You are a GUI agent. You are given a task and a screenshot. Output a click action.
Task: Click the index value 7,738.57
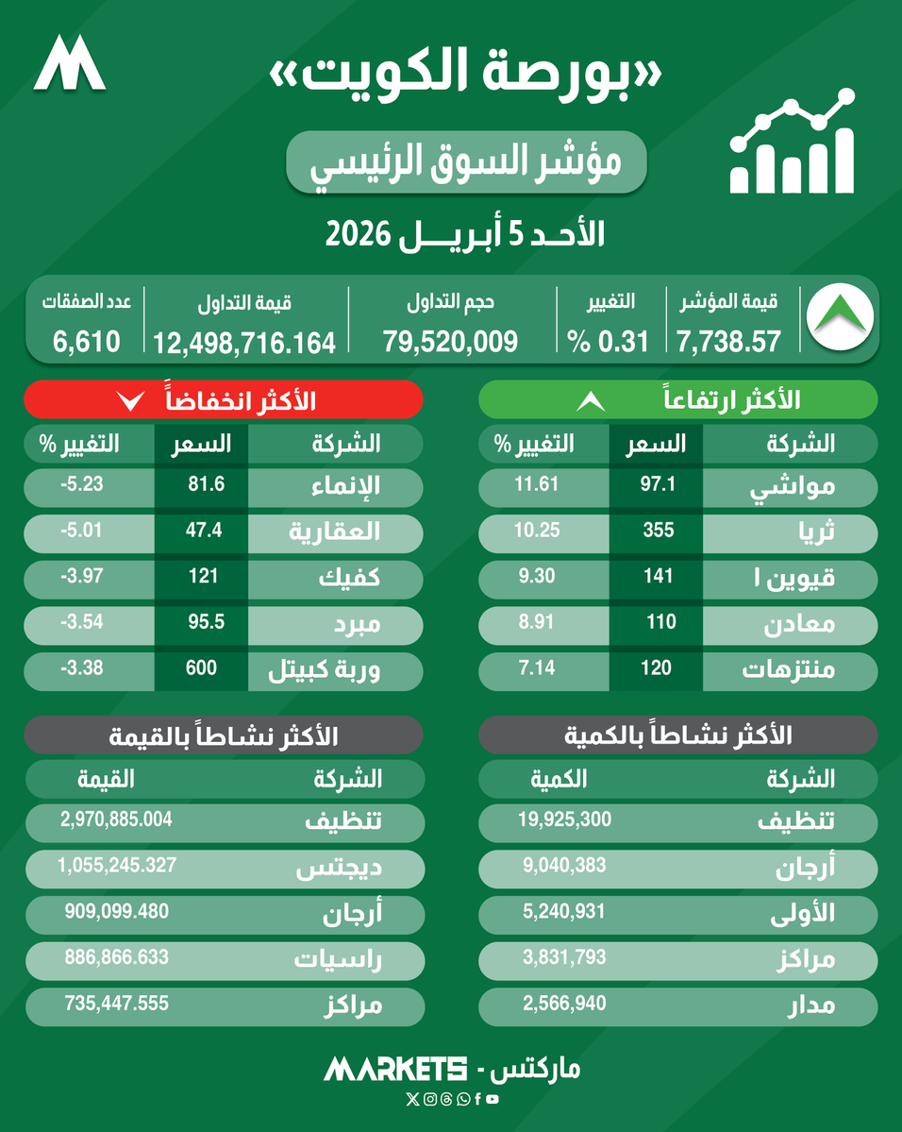(728, 341)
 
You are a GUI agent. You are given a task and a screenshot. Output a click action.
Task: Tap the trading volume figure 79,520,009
(451, 341)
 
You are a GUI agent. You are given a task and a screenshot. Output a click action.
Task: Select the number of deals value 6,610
(87, 341)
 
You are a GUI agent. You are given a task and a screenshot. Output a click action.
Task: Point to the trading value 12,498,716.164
(245, 341)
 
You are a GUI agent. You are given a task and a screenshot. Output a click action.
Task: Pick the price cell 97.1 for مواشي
(657, 485)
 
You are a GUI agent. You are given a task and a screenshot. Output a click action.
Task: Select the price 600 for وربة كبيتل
(202, 668)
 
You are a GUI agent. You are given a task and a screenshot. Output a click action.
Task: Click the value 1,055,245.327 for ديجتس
(117, 865)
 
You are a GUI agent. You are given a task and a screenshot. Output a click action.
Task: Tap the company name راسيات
(341, 960)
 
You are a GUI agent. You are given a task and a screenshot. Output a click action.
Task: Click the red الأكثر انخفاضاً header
(223, 399)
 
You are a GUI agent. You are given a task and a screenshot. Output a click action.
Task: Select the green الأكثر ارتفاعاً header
(678, 399)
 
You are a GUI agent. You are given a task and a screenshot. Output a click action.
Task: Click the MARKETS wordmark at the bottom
(395, 1069)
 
